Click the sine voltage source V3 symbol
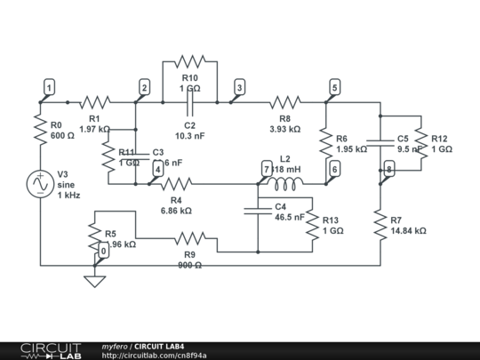pos(40,183)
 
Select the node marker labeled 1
pos(50,87)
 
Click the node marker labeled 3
pos(238,87)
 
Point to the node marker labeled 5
pos(334,87)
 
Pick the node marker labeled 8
pos(388,170)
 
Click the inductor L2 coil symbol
pos(284,184)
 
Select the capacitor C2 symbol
pos(189,102)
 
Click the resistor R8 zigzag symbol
pos(285,102)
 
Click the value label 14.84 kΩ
pos(407,230)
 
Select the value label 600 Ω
pos(62,136)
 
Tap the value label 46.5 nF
pos(290,217)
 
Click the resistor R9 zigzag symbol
pos(189,238)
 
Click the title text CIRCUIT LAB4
pos(159,346)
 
